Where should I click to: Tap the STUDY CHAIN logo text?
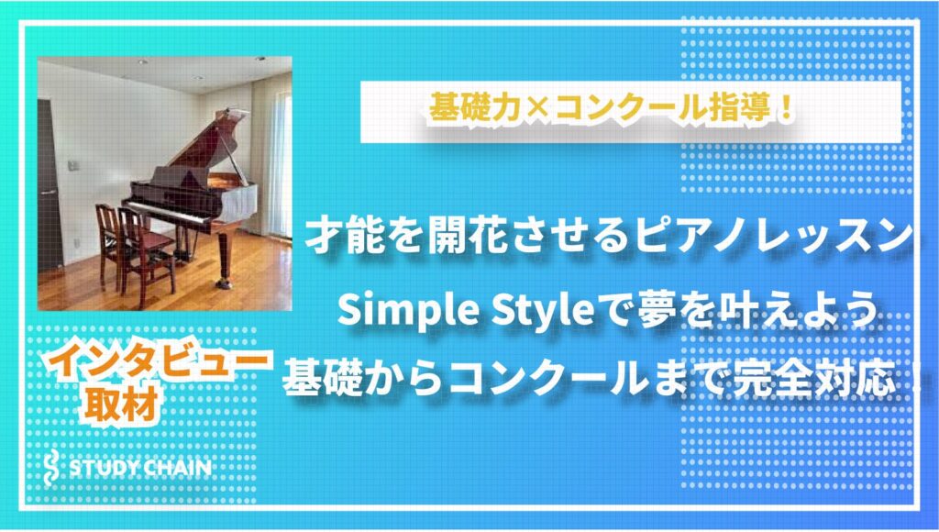tap(140, 468)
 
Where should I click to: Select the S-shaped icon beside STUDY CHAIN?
tap(52, 467)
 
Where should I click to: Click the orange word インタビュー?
tap(158, 362)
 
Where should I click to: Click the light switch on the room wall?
tap(73, 165)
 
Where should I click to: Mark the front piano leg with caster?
tap(224, 259)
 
